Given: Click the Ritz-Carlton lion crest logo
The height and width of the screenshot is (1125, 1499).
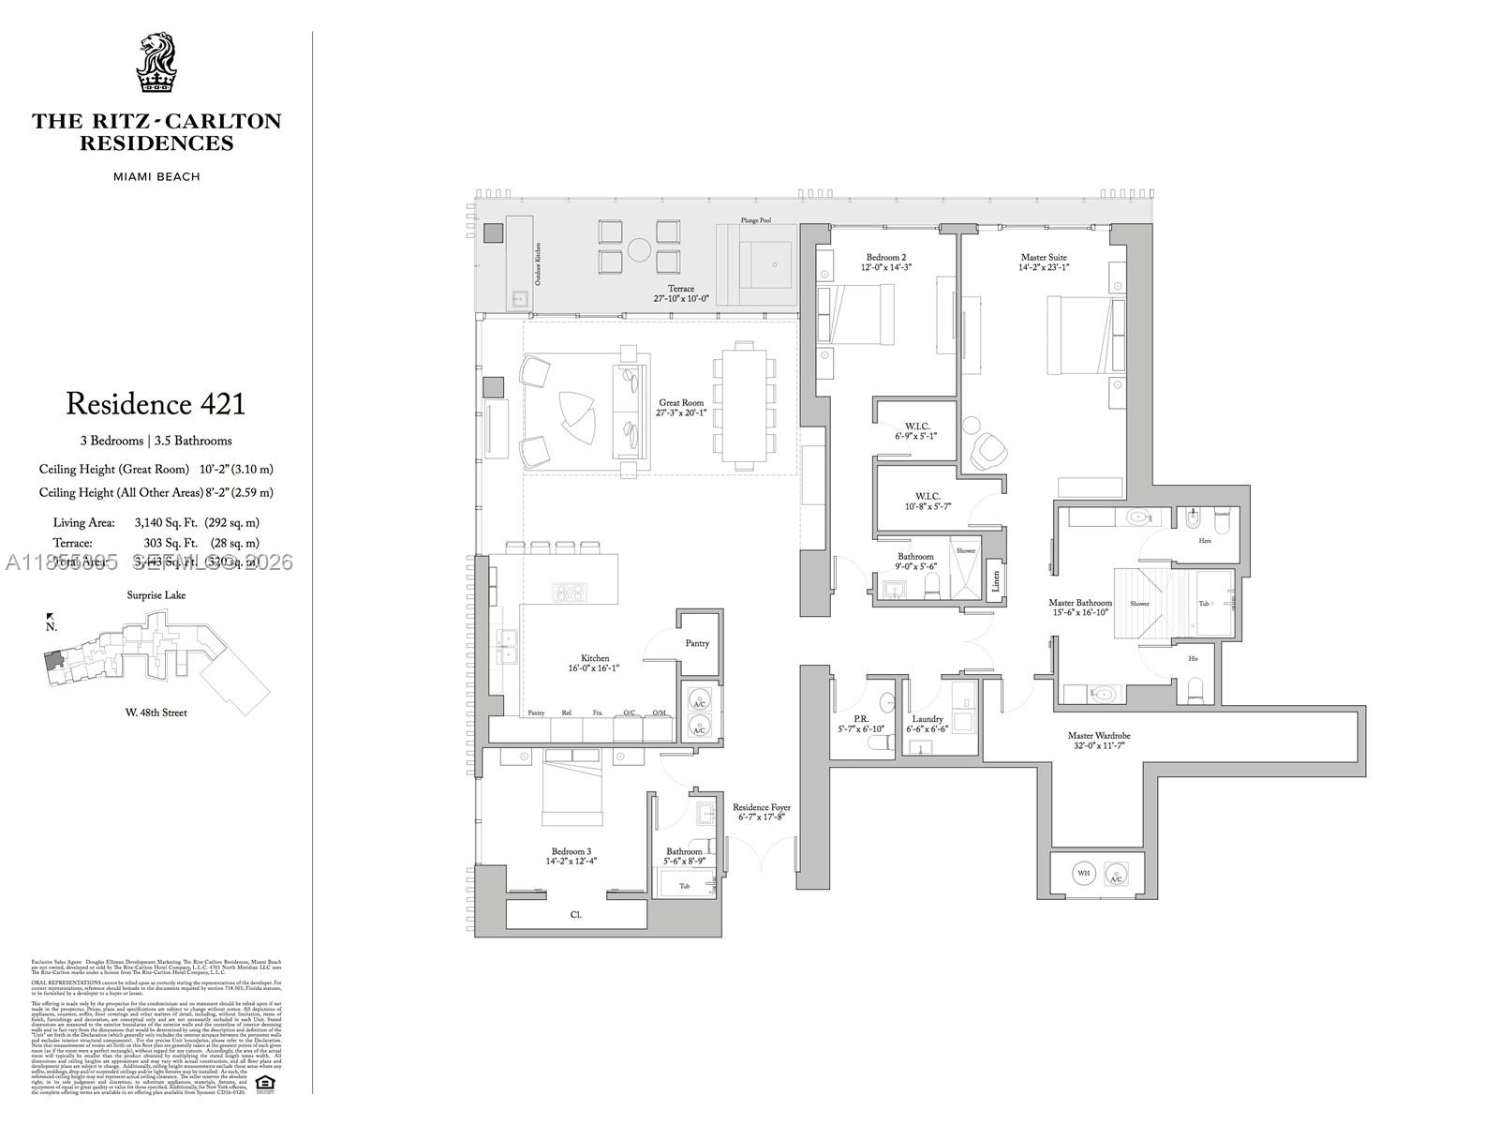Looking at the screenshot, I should (x=156, y=63).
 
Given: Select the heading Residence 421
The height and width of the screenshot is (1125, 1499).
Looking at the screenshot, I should (x=156, y=404).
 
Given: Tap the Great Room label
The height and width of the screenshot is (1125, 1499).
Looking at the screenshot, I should (x=680, y=403).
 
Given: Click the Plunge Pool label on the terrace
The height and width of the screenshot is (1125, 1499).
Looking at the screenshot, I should (x=755, y=220).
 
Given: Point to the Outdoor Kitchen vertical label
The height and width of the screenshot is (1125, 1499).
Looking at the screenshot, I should (x=538, y=263).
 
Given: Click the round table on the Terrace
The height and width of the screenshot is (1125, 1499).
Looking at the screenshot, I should (x=639, y=249).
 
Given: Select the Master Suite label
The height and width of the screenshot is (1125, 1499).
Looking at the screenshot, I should (x=1044, y=257).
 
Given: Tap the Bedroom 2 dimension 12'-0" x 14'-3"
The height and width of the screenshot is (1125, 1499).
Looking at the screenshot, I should (x=885, y=267).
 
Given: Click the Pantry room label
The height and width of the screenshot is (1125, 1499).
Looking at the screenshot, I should (x=697, y=643).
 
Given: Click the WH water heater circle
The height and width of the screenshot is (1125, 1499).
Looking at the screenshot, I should (x=1084, y=873).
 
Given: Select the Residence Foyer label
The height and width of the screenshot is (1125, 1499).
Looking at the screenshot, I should (x=761, y=807).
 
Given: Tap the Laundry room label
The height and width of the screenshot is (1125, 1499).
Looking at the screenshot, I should (x=927, y=719).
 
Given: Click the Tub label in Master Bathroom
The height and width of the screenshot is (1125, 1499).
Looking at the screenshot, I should (x=1204, y=604).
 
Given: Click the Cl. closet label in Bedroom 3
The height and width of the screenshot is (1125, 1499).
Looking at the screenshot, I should (x=575, y=914).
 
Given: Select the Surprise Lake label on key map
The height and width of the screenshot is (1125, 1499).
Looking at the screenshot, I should (x=156, y=595).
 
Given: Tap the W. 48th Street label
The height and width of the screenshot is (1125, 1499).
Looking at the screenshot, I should (x=156, y=712).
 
